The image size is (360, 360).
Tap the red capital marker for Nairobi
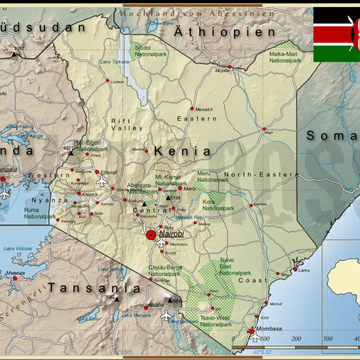(151, 235)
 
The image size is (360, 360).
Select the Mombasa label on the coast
(268, 330)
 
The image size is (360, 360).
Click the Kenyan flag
(337, 34)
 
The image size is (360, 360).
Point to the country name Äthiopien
(224, 32)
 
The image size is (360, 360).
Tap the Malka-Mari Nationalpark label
(284, 57)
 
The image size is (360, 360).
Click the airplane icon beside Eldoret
(101, 181)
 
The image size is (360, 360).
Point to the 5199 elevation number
(175, 197)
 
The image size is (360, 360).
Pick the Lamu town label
(304, 270)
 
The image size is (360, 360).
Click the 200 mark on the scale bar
(296, 339)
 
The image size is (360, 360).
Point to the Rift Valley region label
(127, 124)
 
